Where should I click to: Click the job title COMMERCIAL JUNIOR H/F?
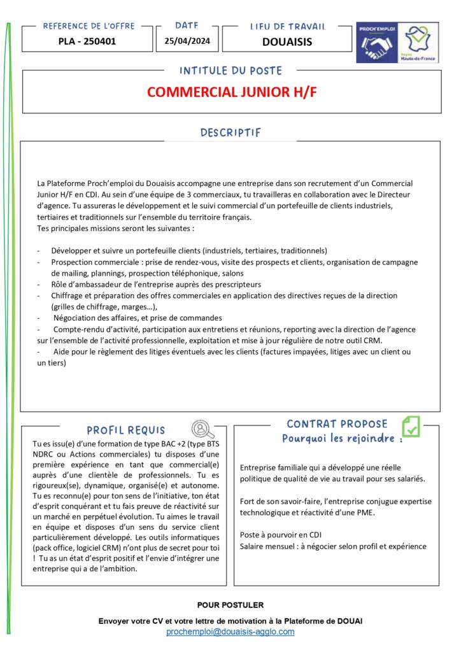pos(231,92)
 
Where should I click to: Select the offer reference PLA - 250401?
pos(87,41)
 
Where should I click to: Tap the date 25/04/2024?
pos(187,41)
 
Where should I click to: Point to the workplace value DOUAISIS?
pos(287,42)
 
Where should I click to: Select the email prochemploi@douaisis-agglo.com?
pos(230,632)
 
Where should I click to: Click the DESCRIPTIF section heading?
pos(230,132)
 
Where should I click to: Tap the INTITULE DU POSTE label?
pos(230,70)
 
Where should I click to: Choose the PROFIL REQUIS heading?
pos(126,430)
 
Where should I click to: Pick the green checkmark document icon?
pos(411,426)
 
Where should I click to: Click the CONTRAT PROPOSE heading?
pos(337,424)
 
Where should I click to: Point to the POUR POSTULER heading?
pos(230,605)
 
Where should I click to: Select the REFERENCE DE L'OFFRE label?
pos(89,26)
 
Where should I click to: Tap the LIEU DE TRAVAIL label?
pos(287,27)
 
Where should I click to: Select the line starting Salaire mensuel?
pos(333,546)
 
